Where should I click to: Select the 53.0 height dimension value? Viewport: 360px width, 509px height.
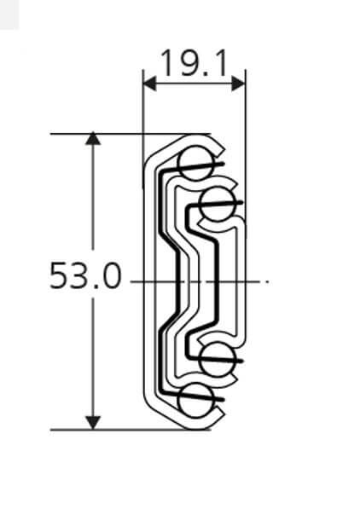coord(85,277)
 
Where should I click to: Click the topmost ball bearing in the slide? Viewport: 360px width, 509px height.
coord(195,161)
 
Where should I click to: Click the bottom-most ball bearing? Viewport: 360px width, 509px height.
coord(195,397)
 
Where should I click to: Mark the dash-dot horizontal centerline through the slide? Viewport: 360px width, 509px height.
coord(256,281)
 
